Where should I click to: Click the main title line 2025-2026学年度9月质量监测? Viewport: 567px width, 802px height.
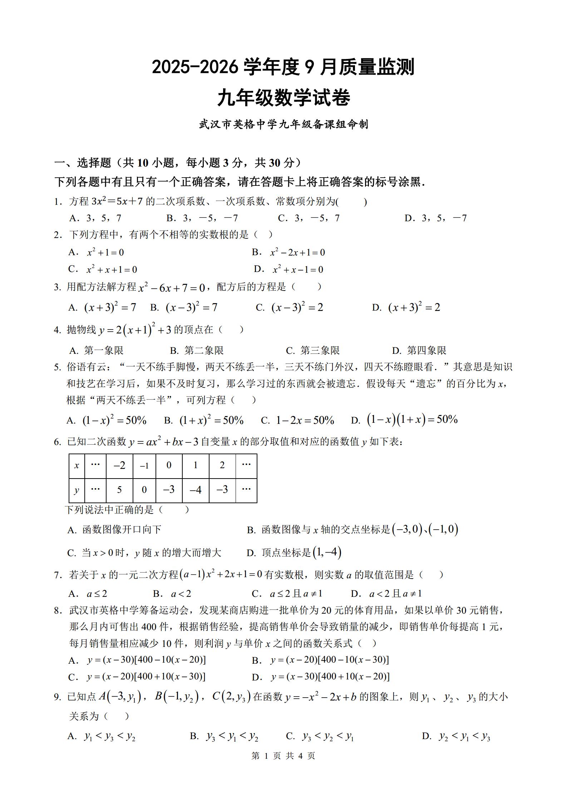pyautogui.click(x=283, y=67)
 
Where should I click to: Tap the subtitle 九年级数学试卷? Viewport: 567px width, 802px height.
pyautogui.click(x=283, y=98)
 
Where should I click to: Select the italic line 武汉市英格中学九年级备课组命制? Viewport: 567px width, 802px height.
pyautogui.click(x=283, y=124)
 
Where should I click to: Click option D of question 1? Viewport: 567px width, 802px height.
pyautogui.click(x=435, y=218)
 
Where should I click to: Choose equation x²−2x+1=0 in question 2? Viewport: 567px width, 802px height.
pyautogui.click(x=297, y=252)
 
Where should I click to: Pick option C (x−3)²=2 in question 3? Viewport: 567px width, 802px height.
pyautogui.click(x=290, y=307)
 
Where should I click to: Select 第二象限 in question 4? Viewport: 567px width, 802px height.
pyautogui.click(x=197, y=350)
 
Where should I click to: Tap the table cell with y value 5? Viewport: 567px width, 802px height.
pyautogui.click(x=119, y=489)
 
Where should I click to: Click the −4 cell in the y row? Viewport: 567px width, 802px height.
pyautogui.click(x=195, y=489)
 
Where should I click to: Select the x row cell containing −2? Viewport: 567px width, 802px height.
pyautogui.click(x=119, y=465)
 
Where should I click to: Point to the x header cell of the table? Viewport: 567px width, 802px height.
pyautogui.click(x=77, y=465)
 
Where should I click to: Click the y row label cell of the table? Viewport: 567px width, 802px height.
pyautogui.click(x=77, y=490)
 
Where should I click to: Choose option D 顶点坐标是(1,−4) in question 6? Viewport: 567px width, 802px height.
pyautogui.click(x=294, y=553)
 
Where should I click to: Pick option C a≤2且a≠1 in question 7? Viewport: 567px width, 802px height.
pyautogui.click(x=287, y=594)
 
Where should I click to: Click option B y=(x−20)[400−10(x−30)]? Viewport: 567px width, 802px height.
pyautogui.click(x=320, y=660)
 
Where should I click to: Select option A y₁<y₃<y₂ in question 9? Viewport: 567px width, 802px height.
pyautogui.click(x=102, y=736)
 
